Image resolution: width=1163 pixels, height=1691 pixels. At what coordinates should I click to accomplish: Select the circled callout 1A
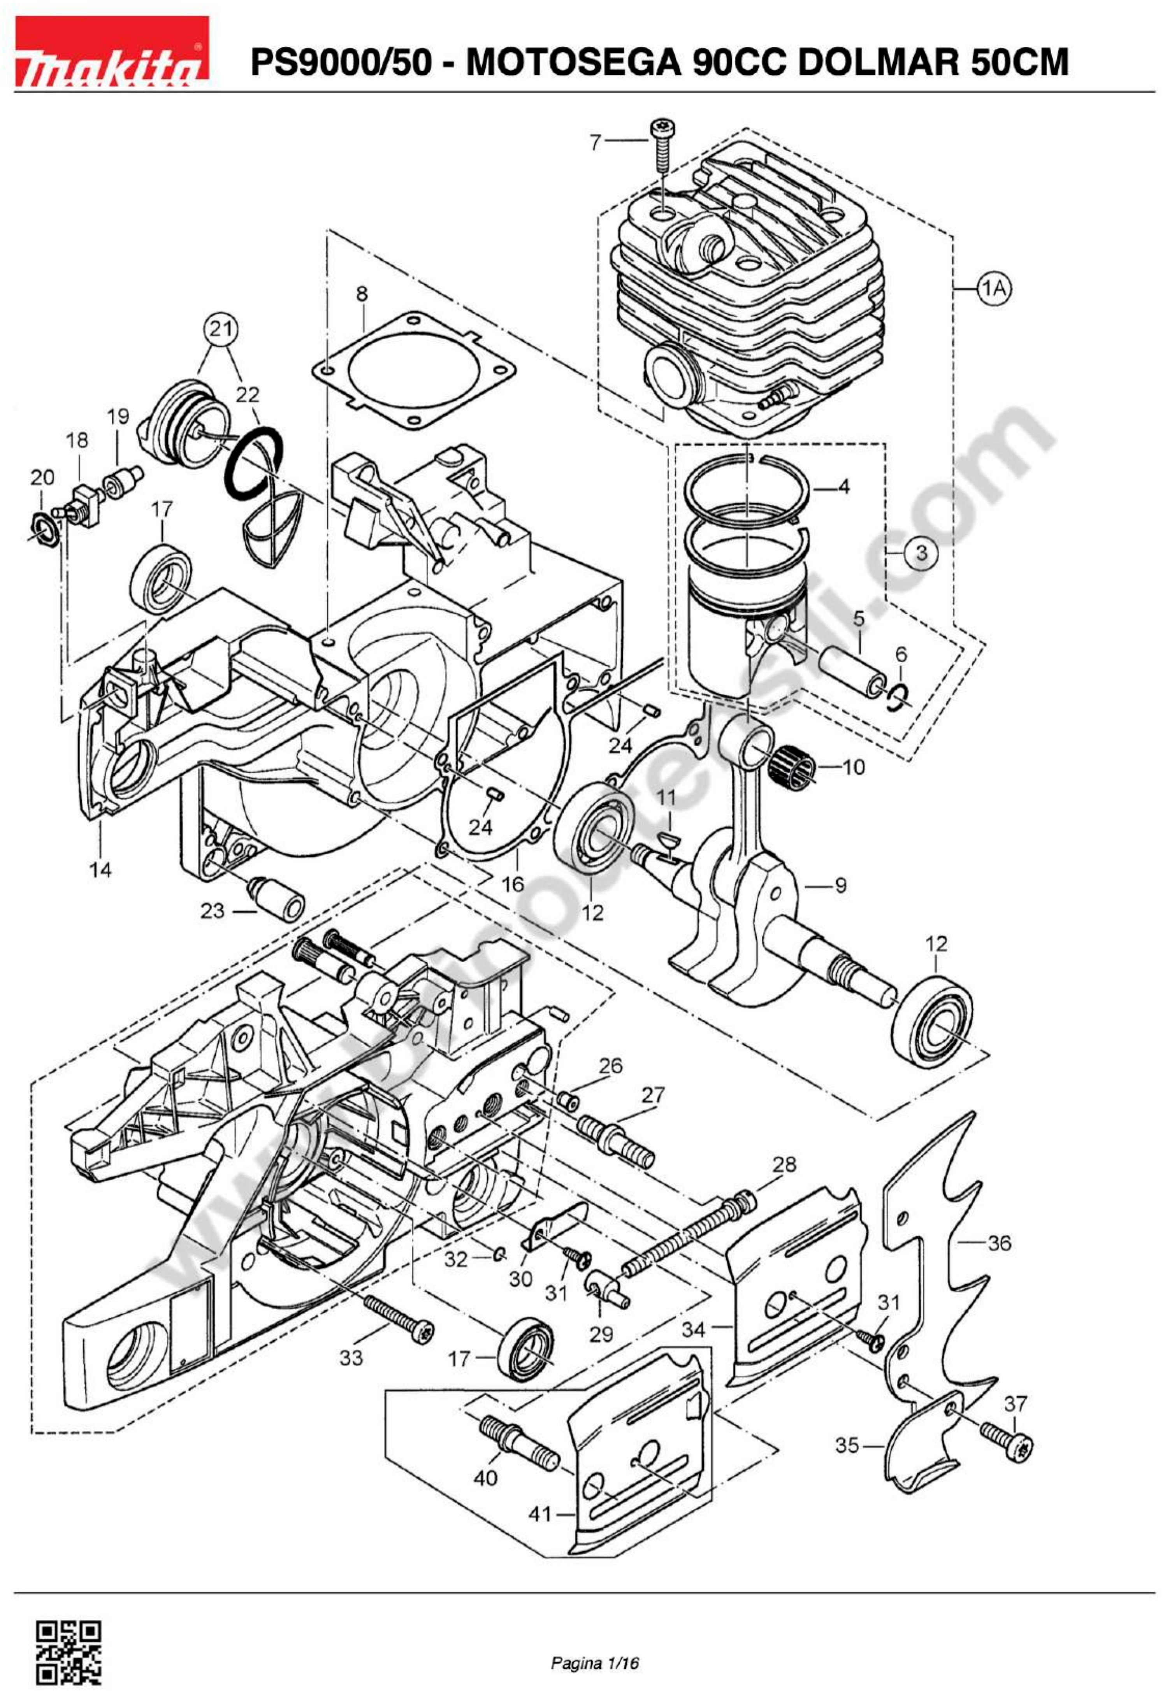pos(994,289)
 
